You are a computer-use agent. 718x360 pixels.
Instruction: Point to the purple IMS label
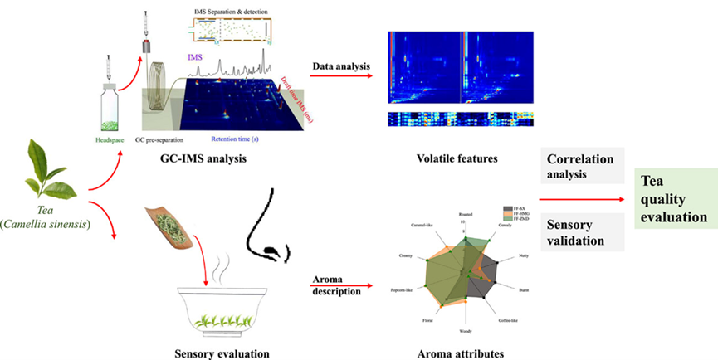pyautogui.click(x=196, y=56)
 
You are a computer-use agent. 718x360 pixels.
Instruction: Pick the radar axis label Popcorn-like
pyautogui.click(x=405, y=290)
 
